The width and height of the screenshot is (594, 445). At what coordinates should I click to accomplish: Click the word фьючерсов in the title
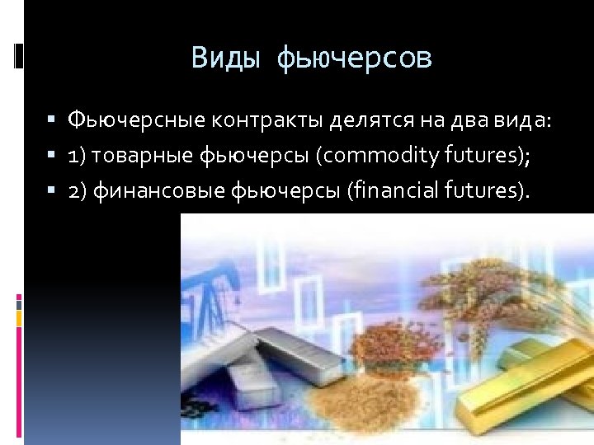click(355, 59)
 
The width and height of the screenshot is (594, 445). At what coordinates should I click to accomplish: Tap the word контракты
click(267, 121)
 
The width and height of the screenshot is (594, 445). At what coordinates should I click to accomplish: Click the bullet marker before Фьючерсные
click(51, 122)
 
